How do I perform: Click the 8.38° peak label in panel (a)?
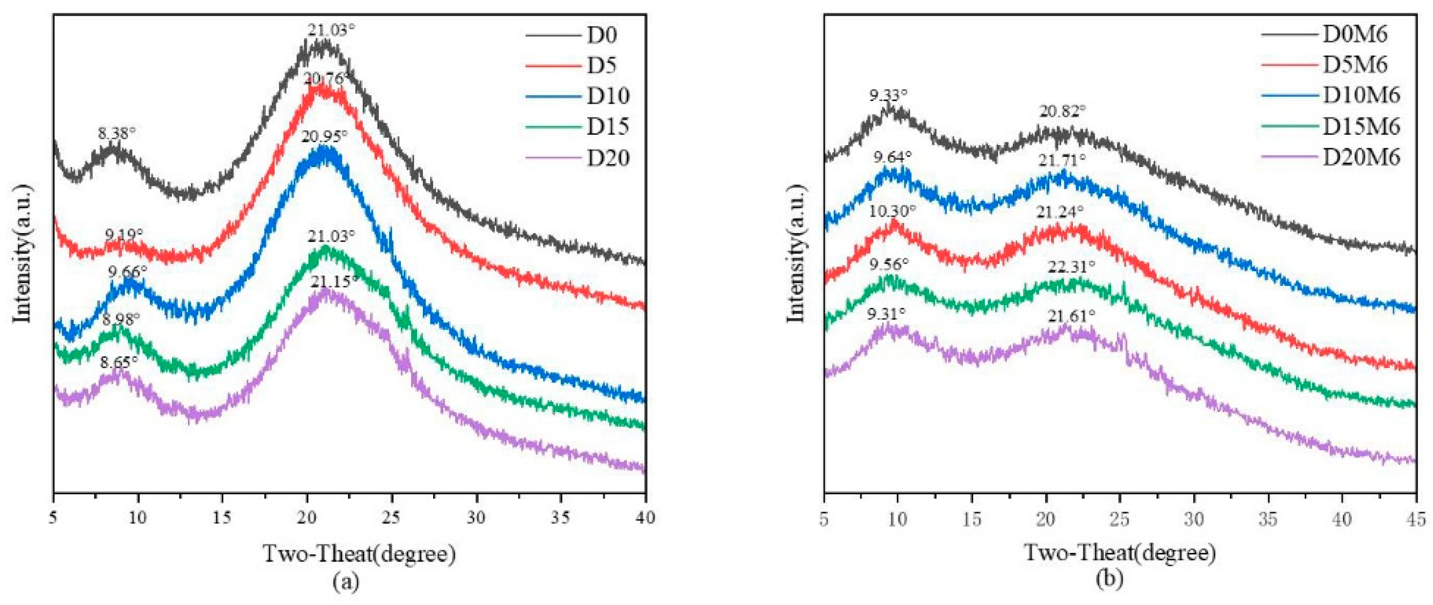point(117,133)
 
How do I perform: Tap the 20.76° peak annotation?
point(328,78)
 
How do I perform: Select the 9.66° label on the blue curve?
point(128,272)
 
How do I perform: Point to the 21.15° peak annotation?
point(334,282)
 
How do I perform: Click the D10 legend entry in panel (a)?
point(608,96)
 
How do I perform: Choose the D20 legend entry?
point(608,158)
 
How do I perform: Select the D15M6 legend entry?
point(1360,127)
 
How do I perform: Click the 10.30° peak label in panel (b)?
point(892,211)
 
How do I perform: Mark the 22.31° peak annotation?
point(1071,267)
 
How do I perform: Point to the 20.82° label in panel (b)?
point(1062,111)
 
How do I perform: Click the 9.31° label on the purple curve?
point(886,315)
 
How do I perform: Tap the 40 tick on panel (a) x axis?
point(645,518)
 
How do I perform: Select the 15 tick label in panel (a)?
point(222,518)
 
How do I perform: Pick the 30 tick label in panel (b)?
point(1193,520)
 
